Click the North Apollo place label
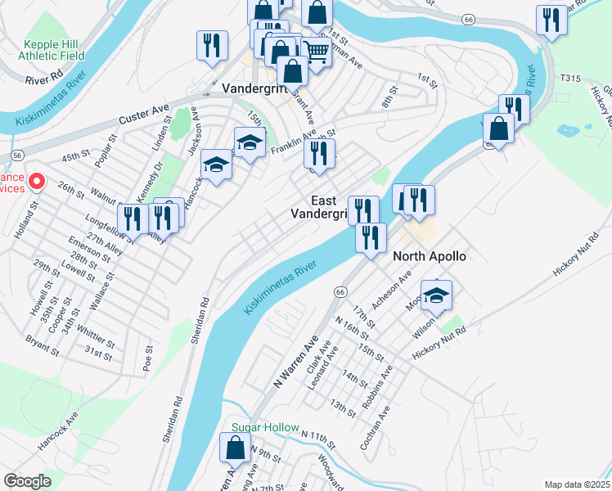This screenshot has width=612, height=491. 430,256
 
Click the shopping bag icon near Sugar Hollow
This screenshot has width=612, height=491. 236,448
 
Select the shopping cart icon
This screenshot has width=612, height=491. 315,52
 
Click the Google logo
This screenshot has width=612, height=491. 28,481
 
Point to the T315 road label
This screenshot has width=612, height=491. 570,78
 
